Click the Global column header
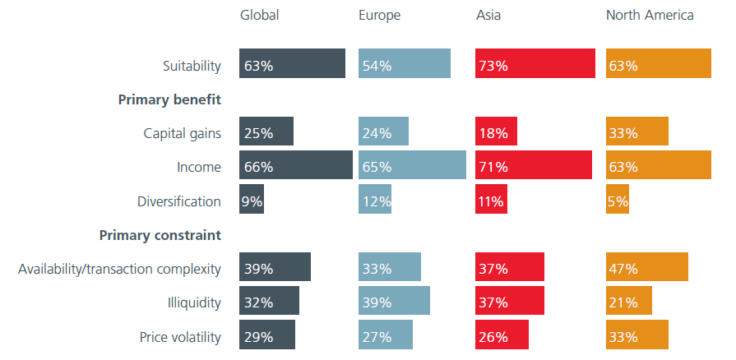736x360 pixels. pos(259,15)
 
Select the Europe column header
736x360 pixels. pos(379,15)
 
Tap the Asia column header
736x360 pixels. pos(489,15)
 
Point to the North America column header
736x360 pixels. pos(650,15)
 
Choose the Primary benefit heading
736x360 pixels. pos(169,99)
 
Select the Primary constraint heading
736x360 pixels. pos(160,235)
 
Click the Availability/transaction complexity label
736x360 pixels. pos(119,269)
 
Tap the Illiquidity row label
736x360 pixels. pos(194,302)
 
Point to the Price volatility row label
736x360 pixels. pos(180,336)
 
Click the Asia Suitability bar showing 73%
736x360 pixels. pos(535,64)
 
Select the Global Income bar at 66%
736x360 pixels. pos(296,166)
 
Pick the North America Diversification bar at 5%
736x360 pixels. pos(618,201)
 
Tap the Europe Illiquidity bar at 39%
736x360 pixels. pos(394,302)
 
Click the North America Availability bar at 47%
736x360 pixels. pos(647,268)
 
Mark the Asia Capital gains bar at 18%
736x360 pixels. pos(497,132)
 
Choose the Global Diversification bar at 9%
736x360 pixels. pos(252,201)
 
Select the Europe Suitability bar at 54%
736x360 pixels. pos(405,64)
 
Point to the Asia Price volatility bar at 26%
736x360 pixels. pos(502,335)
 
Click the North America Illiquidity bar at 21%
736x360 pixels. pos(629,302)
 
